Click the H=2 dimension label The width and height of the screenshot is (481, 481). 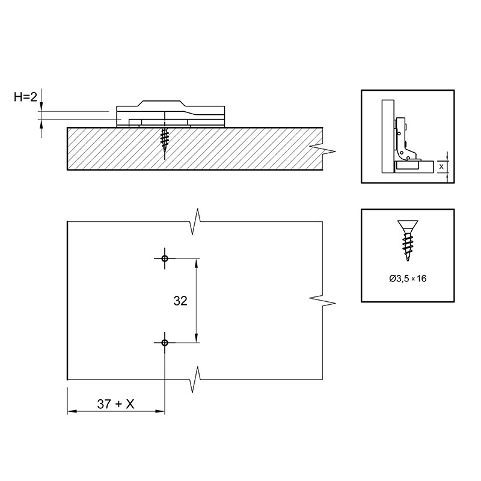[25, 97]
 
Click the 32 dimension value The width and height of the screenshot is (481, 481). [180, 301]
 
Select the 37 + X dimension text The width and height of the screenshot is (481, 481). [115, 404]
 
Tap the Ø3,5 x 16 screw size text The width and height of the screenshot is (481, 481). [408, 278]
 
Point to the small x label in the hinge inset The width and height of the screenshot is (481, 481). [441, 167]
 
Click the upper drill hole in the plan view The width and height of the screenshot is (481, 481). [165, 259]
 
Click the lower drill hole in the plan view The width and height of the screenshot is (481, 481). [165, 343]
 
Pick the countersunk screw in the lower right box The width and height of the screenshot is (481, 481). [408, 240]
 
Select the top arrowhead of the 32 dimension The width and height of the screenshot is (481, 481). [197, 263]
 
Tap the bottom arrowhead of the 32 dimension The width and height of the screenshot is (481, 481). [197, 338]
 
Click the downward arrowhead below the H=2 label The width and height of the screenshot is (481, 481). [41, 106]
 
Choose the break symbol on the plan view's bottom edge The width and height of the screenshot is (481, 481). [195, 379]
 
